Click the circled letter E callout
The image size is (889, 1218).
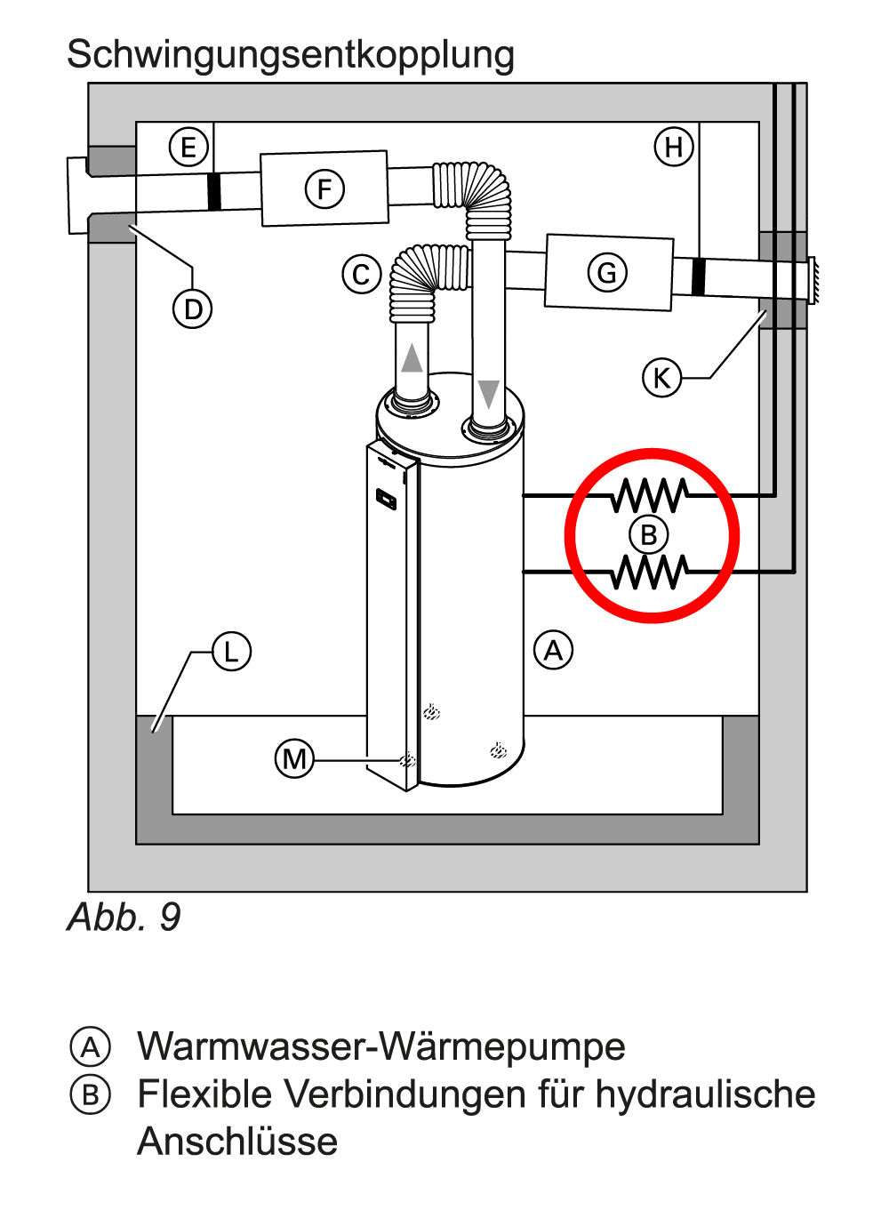pos(188,148)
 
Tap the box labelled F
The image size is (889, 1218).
pos(324,188)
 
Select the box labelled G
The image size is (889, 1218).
pos(608,272)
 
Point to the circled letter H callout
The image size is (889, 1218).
pos(674,147)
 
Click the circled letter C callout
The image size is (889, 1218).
pos(362,275)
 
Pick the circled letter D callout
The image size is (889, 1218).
pos(193,309)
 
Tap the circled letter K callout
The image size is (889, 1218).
pos(661,378)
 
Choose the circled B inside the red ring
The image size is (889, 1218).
pos(649,535)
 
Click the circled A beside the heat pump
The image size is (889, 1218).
pos(553,651)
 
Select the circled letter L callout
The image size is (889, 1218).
pos(231,652)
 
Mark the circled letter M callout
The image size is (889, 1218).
pos(294,759)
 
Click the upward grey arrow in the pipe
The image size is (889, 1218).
pos(412,358)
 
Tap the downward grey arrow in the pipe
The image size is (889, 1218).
pos(488,393)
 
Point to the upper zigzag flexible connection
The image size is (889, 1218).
pos(650,495)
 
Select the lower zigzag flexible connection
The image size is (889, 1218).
pos(650,572)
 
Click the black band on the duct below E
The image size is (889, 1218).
pos(214,192)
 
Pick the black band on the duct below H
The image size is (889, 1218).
pos(698,276)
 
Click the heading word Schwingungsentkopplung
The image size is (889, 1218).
pos(291,54)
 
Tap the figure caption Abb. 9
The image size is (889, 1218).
pos(124,917)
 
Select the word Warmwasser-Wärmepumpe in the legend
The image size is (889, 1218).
pos(381,1046)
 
